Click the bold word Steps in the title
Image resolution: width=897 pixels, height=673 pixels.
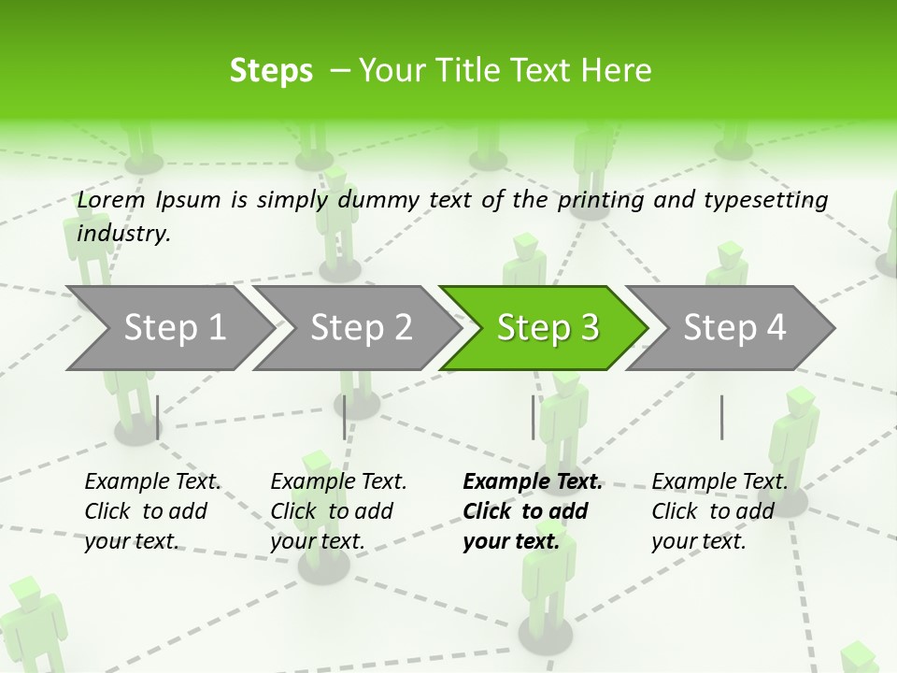click(x=271, y=71)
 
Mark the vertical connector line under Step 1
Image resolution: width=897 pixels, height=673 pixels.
click(x=158, y=417)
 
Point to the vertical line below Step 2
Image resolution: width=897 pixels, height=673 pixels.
click(x=345, y=417)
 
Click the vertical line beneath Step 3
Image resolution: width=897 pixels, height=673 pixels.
click(x=534, y=417)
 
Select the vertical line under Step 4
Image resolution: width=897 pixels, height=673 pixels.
click(x=721, y=417)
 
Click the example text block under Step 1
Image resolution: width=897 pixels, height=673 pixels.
click(x=152, y=511)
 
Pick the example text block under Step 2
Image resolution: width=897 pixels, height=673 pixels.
click(x=338, y=511)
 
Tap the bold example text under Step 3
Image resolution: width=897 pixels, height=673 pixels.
click(x=533, y=511)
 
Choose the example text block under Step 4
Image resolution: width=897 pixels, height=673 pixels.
click(x=719, y=511)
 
